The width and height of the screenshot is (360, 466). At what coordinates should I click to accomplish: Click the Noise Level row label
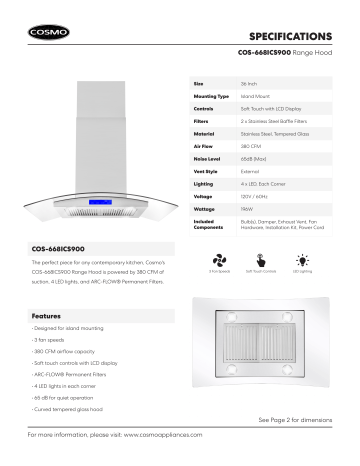tap(207, 159)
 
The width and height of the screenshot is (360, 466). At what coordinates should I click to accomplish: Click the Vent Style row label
tap(205, 173)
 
